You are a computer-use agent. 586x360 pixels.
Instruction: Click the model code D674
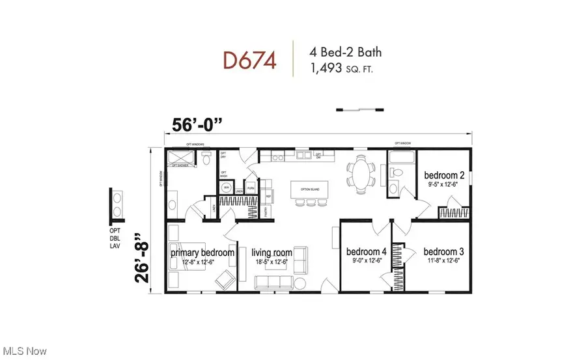click(250, 61)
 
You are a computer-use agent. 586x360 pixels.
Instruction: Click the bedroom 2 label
click(444, 175)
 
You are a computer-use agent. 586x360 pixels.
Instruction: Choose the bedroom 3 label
click(443, 252)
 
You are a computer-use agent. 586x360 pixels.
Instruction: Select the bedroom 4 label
click(365, 252)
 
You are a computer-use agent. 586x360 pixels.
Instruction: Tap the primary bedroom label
click(202, 253)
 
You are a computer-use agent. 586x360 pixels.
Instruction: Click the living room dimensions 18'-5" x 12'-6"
click(273, 262)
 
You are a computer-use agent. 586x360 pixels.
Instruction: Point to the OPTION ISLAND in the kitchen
click(308, 189)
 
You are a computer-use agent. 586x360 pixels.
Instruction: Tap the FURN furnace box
click(250, 187)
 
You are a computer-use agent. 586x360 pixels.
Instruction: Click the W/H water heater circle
click(227, 187)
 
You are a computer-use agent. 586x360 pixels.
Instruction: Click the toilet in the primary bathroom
click(206, 158)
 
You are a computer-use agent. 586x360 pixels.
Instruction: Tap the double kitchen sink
click(303, 156)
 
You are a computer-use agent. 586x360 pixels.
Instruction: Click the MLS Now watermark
click(25, 351)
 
